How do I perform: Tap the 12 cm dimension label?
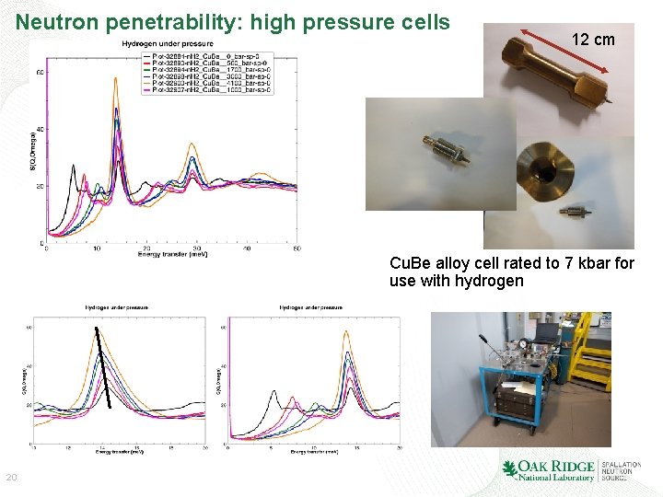593,40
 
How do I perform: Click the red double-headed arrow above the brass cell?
566,52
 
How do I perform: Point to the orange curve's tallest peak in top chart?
115,81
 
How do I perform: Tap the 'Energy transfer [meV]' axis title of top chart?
172,254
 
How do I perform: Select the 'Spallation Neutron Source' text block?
621,470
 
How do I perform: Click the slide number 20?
12,477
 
